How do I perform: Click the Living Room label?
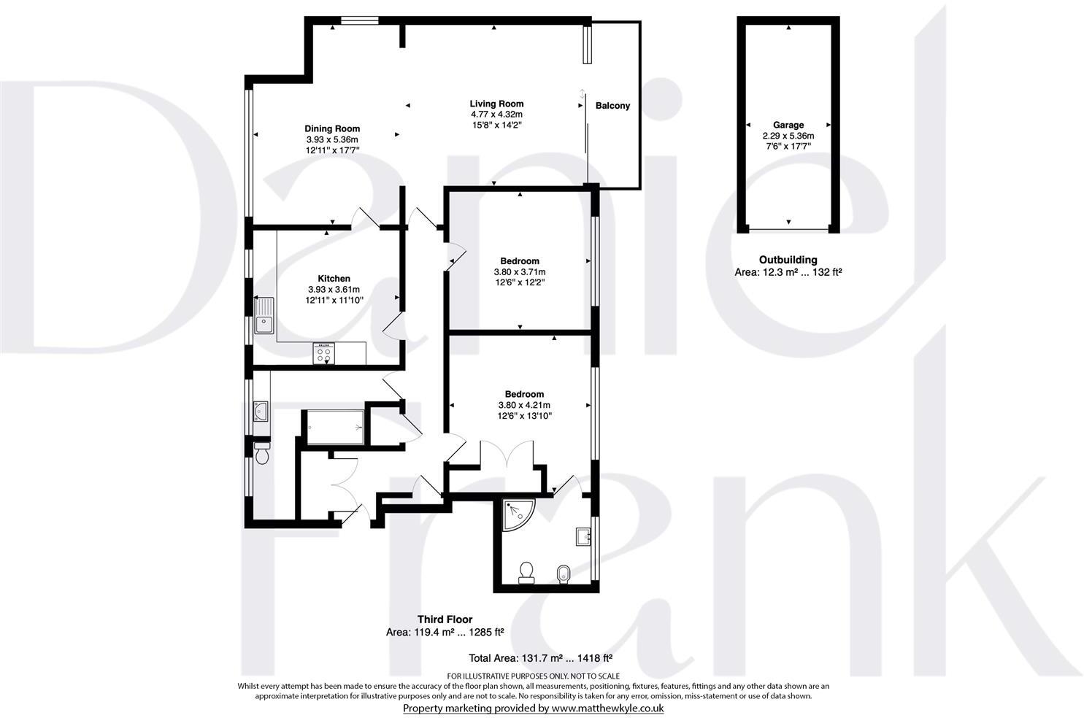(x=496, y=104)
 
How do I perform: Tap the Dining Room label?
(x=332, y=129)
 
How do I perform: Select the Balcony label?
(x=612, y=106)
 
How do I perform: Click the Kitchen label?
(x=334, y=279)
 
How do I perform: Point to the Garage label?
(x=788, y=126)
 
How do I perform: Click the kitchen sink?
(x=264, y=315)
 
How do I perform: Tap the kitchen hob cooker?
(x=323, y=354)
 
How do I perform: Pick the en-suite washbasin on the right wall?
(x=583, y=536)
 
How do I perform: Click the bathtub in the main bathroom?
(x=335, y=427)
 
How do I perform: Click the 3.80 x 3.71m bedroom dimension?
(x=520, y=272)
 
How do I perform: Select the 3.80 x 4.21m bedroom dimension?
(x=523, y=406)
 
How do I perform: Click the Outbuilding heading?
(x=788, y=260)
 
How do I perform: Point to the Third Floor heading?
(x=445, y=619)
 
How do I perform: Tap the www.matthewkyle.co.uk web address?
(x=607, y=709)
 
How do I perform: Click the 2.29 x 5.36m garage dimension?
(x=788, y=136)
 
